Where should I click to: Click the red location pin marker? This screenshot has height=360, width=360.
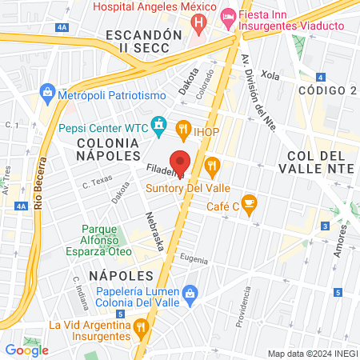pos(181,162)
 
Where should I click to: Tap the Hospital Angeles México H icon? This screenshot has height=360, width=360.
pos(198,22)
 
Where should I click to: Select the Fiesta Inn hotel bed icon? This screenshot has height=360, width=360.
pos(227,16)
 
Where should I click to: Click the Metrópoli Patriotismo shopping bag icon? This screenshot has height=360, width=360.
pos(48,94)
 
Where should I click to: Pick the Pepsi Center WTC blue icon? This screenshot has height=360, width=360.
pos(160,126)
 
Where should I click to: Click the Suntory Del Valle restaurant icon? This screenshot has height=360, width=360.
pos(212,167)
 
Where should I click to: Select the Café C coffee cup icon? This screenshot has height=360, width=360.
pos(250,202)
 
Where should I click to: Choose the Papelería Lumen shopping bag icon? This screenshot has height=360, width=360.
pos(190,293)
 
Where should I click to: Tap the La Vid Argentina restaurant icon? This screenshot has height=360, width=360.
pos(141,326)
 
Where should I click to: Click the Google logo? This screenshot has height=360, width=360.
pos(26,350)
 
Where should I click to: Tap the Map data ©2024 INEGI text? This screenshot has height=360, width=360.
pos(312,353)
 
